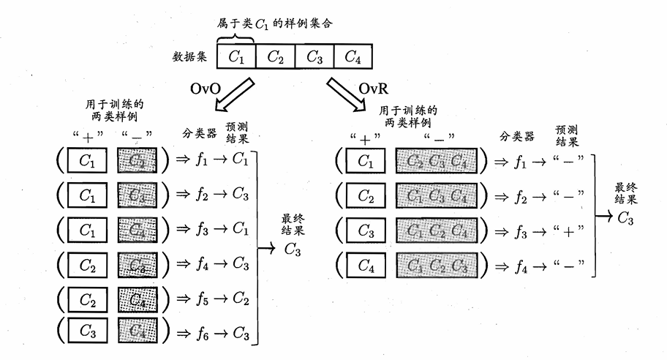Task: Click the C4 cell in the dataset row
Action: tap(353, 56)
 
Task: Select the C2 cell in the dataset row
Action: tap(276, 56)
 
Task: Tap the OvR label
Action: tap(374, 89)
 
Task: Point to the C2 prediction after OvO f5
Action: tap(241, 299)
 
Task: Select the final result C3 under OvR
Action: tap(624, 217)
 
